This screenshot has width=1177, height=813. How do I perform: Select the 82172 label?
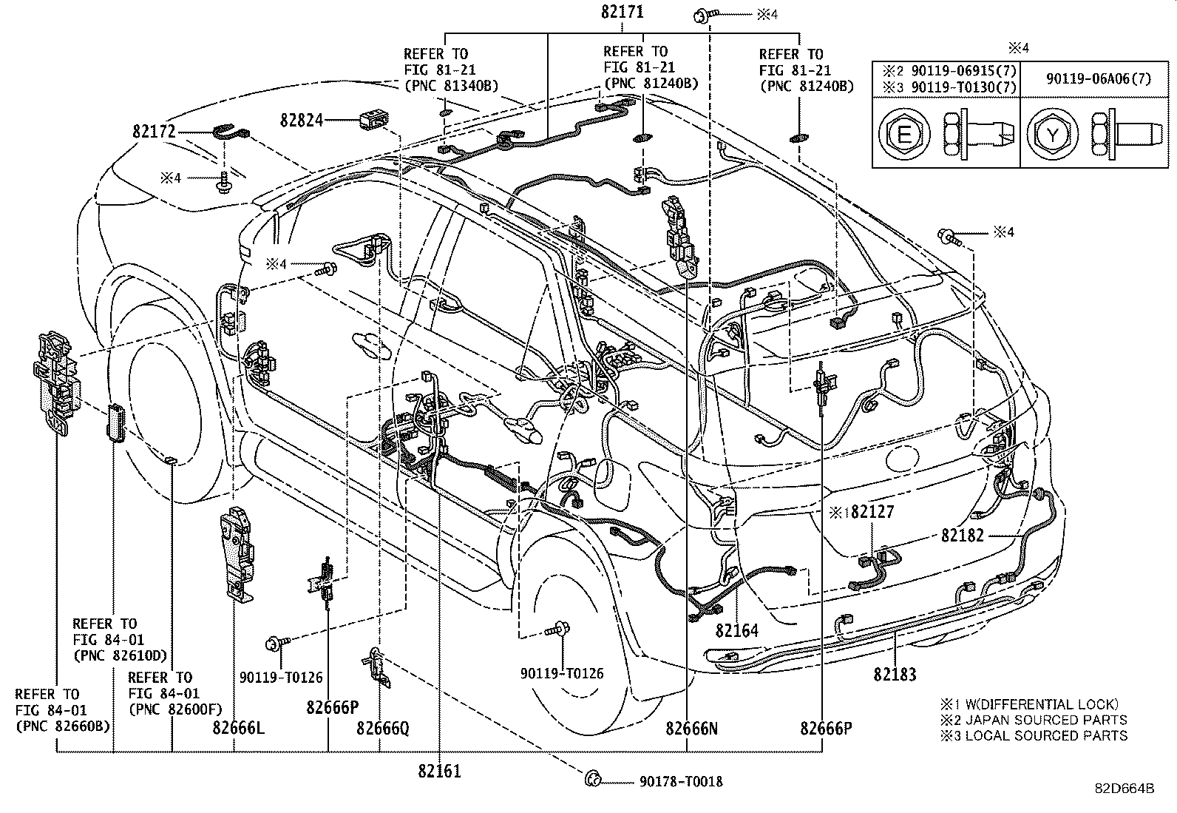point(154,132)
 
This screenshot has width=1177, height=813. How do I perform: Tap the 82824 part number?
point(301,119)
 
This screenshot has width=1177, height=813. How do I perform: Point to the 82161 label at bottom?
point(439,771)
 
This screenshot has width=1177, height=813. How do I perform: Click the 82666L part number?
point(237,728)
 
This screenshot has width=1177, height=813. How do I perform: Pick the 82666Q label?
point(382,728)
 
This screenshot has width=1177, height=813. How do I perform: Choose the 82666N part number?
point(691,728)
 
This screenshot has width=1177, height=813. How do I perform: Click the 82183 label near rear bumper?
point(894,674)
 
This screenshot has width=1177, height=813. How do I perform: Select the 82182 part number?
point(963,535)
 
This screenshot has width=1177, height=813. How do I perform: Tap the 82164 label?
point(736,630)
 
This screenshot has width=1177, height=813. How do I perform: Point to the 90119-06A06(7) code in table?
point(1098,79)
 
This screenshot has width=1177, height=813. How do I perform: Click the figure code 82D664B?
point(1124,788)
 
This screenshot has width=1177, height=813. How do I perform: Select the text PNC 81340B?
point(451,86)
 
